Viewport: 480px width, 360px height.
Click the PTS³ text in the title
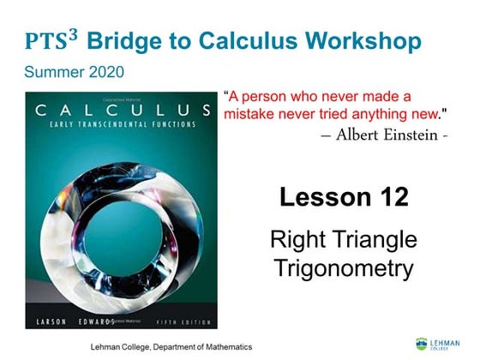coord(53,40)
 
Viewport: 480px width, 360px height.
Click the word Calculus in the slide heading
coord(244,40)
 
